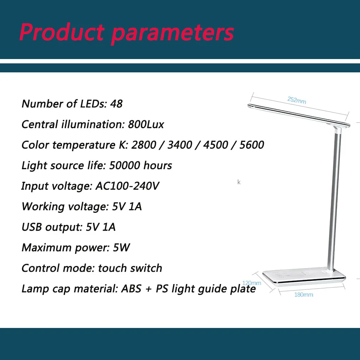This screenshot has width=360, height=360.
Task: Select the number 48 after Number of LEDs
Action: coord(116,104)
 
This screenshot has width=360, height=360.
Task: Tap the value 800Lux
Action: coord(146,125)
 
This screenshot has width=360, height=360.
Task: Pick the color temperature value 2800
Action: coord(144,145)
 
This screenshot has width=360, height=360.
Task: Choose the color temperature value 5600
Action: coord(251,145)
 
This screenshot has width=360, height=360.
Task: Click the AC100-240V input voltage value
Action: coord(127,186)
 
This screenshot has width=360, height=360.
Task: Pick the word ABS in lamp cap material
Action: coord(132,289)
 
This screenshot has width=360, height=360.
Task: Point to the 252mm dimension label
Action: coord(297,100)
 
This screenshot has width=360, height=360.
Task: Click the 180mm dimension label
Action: coord(304,295)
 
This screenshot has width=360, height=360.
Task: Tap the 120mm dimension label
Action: coord(251,283)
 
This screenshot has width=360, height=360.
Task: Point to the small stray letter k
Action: coord(239,183)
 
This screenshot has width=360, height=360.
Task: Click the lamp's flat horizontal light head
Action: coord(299,115)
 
